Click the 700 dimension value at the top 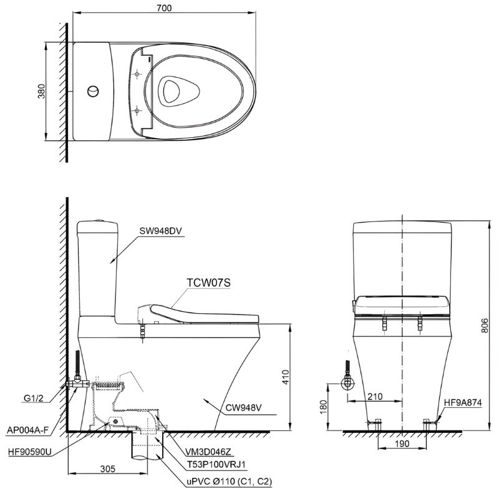click(x=164, y=7)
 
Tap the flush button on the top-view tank click(x=92, y=91)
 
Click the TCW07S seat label click(x=209, y=282)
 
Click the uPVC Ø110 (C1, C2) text click(x=227, y=482)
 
